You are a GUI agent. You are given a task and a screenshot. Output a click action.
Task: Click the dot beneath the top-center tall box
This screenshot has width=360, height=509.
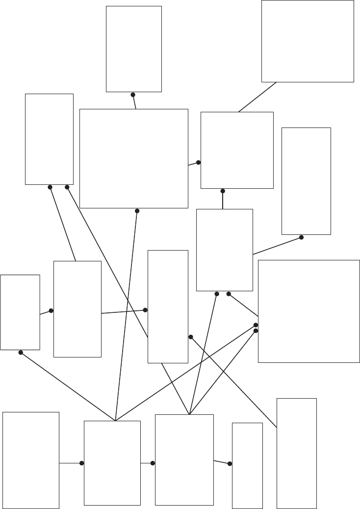coord(133,95)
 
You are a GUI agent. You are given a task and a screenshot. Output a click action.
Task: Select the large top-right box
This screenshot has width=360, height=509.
coord(308,41)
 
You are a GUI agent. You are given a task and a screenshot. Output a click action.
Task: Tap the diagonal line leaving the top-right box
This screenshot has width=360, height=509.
coord(257,97)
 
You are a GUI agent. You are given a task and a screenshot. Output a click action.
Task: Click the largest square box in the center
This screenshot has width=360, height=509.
coord(134,158)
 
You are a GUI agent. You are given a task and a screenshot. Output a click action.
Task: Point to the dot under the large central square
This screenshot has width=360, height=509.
coord(137,211)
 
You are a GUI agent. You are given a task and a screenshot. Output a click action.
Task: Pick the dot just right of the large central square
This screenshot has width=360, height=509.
coord(199,162)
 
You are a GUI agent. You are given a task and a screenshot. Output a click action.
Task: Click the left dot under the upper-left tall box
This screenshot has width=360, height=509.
coord(50,187)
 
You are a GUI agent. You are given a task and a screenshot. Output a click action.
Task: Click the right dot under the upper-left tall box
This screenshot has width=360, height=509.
coord(67,187)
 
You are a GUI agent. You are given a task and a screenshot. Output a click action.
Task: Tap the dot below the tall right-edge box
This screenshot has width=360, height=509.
coord(301,237)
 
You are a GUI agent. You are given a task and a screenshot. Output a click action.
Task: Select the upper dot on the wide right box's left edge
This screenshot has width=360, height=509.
coord(256,325)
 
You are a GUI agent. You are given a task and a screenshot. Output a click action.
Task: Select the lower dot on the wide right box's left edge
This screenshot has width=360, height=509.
coord(256,331)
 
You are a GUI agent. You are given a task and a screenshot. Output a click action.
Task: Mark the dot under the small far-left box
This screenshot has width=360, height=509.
coord(21,353)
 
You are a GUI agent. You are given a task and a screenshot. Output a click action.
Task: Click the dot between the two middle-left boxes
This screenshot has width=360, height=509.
coord(51,310)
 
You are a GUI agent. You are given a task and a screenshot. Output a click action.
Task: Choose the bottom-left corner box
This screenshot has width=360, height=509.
coord(31,460)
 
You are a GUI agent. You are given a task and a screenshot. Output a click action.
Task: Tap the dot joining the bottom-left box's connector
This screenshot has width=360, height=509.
coord(81,463)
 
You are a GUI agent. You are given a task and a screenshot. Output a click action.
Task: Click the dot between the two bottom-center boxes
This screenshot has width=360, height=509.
coord(153,463)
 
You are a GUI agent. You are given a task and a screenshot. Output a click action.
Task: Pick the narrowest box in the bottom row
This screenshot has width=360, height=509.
coord(247,465)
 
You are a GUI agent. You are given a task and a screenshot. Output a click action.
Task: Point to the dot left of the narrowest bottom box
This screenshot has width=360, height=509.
coord(230,463)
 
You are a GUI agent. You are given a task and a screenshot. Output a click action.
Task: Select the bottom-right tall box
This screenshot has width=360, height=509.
coord(297,453)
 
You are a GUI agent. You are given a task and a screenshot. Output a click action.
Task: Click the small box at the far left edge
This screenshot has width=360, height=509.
coord(20,312)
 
